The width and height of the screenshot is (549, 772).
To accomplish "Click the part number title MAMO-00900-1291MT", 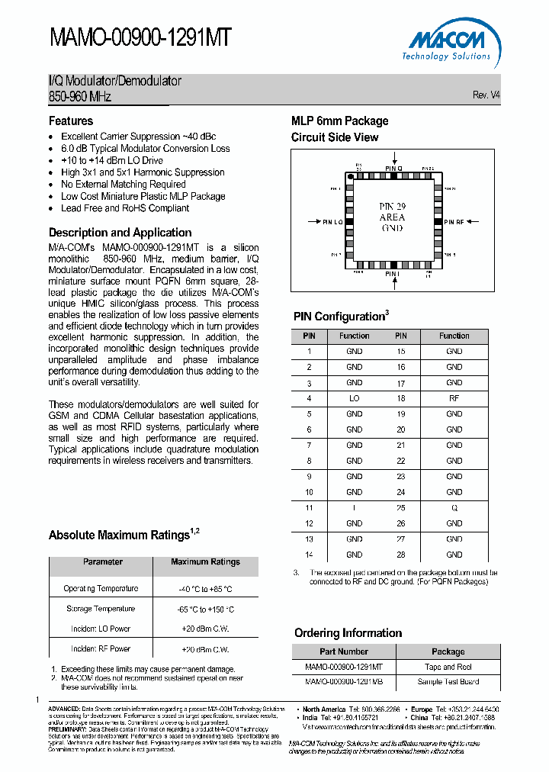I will pos(140,38).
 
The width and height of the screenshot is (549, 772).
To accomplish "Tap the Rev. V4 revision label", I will pos(486,95).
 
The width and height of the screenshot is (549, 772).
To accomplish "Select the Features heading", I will pos(71,121).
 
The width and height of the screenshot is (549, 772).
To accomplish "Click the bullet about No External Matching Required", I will pos(124,184).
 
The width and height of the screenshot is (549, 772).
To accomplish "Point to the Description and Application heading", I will pos(120,233).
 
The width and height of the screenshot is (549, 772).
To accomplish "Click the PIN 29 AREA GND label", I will pos(392,217).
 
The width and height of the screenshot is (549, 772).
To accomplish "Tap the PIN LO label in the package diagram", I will pos(332,222).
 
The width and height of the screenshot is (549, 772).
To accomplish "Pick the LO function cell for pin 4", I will pos(354,398).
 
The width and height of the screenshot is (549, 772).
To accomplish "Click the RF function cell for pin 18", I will pos(454,398).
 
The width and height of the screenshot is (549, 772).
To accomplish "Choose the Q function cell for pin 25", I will pos(454,507).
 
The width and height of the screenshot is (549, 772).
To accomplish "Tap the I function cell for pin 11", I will pos(354,507).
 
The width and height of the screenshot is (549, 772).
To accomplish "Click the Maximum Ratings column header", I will pos(205,561).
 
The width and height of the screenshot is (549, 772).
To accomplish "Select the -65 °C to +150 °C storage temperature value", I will pos(205,610).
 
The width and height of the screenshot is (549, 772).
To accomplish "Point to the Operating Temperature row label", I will pos(101,589).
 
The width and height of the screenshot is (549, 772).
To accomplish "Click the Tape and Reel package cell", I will pos(448,667).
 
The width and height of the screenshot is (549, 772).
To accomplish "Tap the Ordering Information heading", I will pos(348,633).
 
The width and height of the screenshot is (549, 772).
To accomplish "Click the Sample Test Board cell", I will pos(448,682).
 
